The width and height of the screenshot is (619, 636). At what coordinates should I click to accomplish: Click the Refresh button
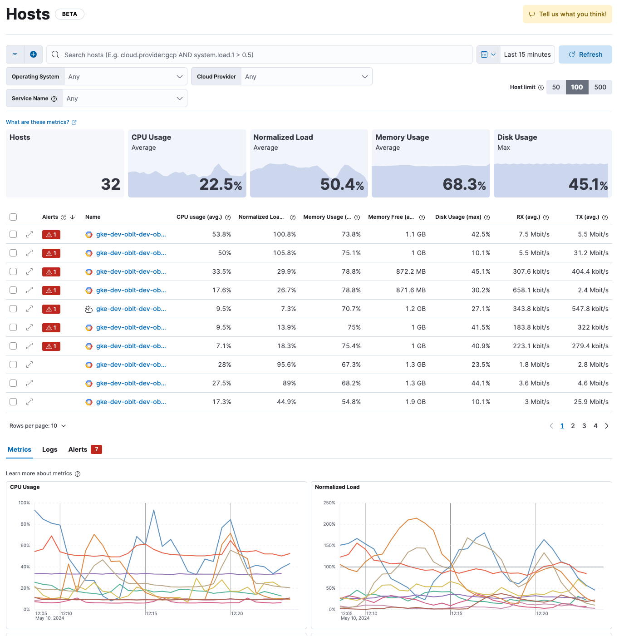tap(585, 54)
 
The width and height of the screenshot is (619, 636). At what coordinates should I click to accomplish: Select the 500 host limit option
tap(600, 87)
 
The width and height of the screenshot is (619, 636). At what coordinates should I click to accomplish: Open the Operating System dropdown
tap(126, 77)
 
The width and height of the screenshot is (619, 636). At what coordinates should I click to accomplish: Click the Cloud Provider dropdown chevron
tap(364, 77)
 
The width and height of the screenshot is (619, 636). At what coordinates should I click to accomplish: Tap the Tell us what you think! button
tap(567, 14)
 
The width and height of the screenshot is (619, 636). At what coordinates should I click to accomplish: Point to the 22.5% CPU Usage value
tap(221, 184)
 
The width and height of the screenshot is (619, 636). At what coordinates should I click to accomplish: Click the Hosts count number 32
tap(111, 184)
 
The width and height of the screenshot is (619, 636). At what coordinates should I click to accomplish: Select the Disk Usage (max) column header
tap(458, 217)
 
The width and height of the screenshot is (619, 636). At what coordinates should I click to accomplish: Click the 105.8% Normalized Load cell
tap(285, 253)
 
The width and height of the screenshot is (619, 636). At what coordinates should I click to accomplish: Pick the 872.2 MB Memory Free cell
tap(411, 271)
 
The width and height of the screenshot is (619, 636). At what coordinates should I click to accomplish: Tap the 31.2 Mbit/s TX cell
tap(591, 253)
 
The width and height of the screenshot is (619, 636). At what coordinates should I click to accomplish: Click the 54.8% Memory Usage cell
tap(351, 402)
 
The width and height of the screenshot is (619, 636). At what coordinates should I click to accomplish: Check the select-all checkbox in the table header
tap(13, 217)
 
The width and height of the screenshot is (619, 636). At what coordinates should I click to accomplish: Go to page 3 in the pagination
tap(584, 426)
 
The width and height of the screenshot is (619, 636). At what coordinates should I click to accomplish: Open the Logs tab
tap(49, 449)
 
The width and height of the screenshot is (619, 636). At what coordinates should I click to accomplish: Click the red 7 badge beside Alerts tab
tap(96, 449)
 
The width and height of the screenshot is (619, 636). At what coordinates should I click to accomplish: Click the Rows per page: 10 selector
tap(38, 426)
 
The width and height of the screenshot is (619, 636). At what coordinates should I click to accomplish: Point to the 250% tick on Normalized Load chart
tap(329, 503)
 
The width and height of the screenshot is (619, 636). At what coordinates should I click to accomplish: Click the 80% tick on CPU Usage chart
tap(25, 524)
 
